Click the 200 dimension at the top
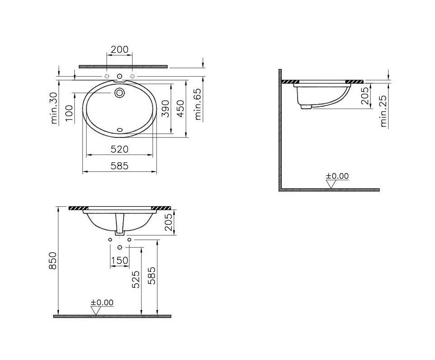(x=119, y=50)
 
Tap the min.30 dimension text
(x=54, y=108)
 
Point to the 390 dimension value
(x=165, y=109)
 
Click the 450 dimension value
(x=180, y=109)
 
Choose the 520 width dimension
(x=119, y=149)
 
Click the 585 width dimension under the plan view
(x=119, y=166)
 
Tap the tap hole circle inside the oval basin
(x=119, y=92)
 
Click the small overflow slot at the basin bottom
(x=120, y=129)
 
